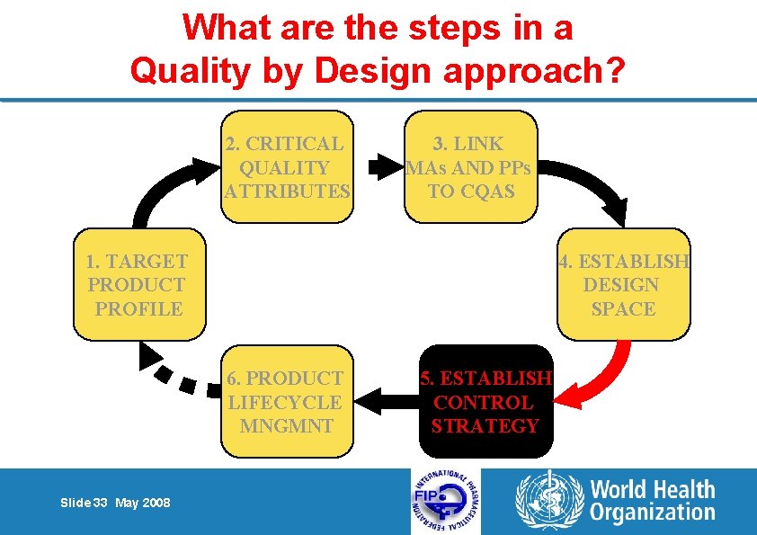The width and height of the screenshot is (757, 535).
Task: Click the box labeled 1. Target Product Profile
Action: (139, 285)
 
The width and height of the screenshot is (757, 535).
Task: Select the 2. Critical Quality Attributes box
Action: (286, 166)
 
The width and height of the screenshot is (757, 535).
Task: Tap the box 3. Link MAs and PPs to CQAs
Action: (470, 166)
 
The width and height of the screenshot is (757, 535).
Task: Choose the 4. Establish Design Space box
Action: (624, 285)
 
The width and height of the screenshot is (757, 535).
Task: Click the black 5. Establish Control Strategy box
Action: (485, 401)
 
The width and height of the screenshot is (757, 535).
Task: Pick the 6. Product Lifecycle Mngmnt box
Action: (286, 401)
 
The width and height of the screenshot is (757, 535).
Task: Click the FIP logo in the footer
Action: (445, 501)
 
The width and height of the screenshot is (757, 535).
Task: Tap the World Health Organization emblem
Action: (548, 501)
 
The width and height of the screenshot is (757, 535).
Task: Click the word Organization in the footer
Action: (652, 513)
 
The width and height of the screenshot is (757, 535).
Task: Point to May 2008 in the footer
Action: (143, 503)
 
